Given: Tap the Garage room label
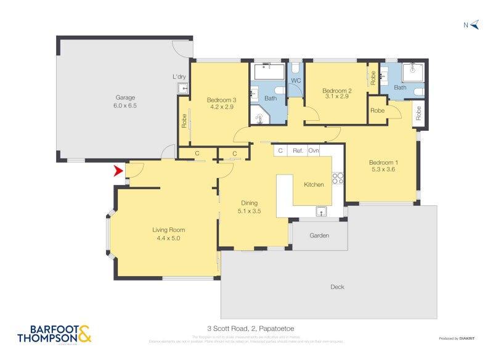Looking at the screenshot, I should point(125,101).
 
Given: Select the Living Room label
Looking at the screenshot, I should point(168,234).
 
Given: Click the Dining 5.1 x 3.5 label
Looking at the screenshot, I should point(249,207).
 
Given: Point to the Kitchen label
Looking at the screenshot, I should point(314,184).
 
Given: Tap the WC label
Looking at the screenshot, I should point(295,81).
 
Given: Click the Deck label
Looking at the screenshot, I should point(337,287).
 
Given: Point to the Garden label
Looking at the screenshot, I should point(319,235).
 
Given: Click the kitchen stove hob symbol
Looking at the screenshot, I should point(338,178).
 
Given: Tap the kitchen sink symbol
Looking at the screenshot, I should point(321,212).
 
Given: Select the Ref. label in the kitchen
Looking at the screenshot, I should point(298,150).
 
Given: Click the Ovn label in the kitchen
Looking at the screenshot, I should point(314,150).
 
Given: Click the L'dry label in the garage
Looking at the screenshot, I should point(179,76).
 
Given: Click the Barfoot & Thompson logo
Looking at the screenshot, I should point(55,333).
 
